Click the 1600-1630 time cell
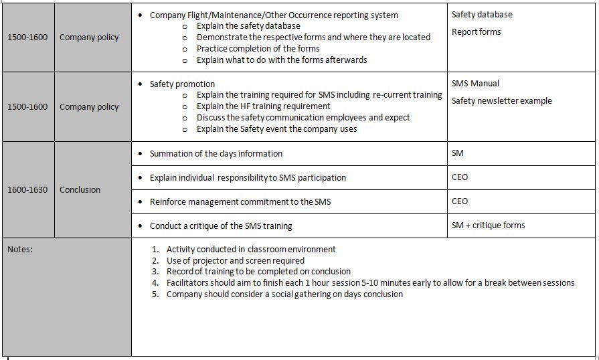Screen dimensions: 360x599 27,189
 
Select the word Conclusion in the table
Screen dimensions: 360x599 80,189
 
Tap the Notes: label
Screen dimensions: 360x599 20,249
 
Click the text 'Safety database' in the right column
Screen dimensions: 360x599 482,14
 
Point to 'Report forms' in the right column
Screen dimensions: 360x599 476,31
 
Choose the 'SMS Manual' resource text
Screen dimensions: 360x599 475,83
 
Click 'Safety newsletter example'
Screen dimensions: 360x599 501,100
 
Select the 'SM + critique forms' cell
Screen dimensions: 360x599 488,225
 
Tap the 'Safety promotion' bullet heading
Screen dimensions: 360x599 182,84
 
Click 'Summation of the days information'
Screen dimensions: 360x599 216,153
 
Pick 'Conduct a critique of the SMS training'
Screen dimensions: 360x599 221,226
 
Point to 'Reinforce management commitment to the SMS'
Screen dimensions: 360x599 240,201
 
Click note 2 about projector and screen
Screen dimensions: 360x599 235,260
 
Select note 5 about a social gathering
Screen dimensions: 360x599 284,294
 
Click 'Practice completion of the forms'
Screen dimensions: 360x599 258,48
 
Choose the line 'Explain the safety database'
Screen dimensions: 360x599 248,25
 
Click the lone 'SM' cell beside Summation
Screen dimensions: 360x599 458,153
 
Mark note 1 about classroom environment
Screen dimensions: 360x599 251,249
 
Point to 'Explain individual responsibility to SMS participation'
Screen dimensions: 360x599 248,177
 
